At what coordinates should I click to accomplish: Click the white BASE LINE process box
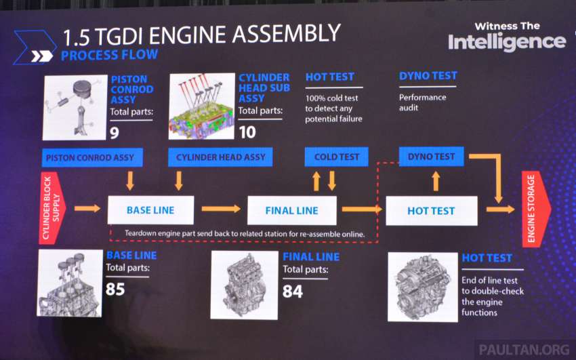click(150, 210)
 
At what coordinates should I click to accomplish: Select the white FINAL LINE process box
click(292, 210)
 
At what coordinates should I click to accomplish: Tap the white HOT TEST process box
click(432, 211)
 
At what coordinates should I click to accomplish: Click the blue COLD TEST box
click(337, 157)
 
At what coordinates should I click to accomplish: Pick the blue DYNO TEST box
click(431, 157)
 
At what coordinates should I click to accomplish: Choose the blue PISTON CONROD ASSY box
click(92, 157)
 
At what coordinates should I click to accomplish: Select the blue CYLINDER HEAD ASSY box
click(220, 157)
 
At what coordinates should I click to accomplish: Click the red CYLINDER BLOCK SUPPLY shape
click(52, 208)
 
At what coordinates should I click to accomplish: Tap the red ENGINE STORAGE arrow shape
click(535, 209)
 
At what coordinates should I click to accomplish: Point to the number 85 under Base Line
click(115, 289)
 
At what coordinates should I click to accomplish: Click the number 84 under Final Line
click(293, 292)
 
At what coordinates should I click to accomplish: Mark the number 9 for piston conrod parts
click(115, 133)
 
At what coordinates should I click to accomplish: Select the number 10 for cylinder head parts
click(247, 132)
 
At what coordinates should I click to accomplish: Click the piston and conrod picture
click(75, 108)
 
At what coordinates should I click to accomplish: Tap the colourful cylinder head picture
click(202, 106)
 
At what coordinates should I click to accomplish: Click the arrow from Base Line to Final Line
click(221, 209)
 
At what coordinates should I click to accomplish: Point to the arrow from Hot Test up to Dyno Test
click(436, 181)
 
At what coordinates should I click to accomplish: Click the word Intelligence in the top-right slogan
click(507, 42)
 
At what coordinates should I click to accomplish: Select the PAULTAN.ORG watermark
click(524, 349)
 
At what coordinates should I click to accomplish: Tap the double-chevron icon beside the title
click(42, 56)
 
